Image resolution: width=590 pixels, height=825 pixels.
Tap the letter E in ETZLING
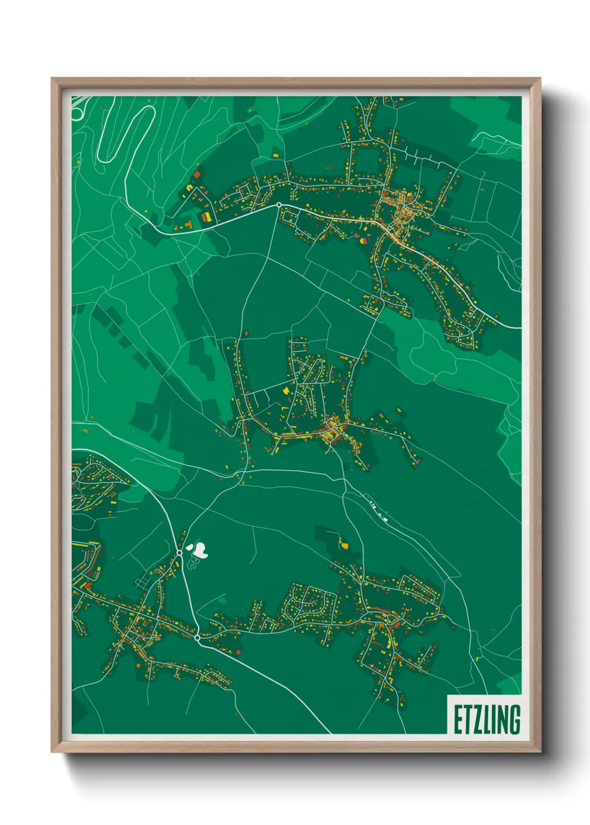pos(457,720)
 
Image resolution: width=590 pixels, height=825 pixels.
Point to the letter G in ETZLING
pos(514,720)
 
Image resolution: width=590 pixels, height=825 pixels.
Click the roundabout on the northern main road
pos(278,205)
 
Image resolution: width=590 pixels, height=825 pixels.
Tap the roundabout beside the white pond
pos(180,552)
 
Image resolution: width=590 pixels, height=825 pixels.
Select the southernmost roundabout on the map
pos(197,637)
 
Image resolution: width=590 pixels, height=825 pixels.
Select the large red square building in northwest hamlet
pos(196,174)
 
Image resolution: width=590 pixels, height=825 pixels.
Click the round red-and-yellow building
pos(364,241)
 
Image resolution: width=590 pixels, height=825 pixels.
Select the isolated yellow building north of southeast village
pos(344,545)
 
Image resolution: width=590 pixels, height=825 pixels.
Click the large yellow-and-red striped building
pos(206,216)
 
